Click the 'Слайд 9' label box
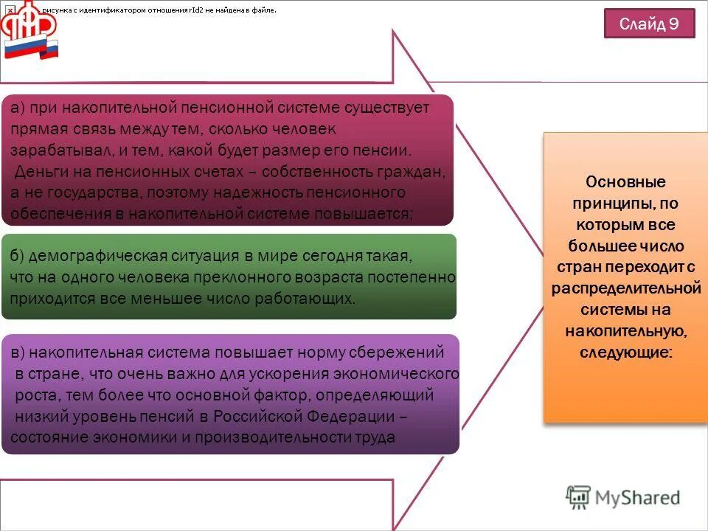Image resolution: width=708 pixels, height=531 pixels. click(x=649, y=24)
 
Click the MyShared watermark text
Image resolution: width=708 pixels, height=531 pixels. click(x=623, y=498)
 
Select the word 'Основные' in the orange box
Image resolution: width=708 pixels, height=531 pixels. click(x=625, y=181)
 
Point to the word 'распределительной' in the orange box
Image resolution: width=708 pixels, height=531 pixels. click(x=625, y=288)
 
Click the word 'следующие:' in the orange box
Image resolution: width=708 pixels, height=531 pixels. click(x=625, y=353)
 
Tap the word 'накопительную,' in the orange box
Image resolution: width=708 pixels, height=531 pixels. click(x=625, y=331)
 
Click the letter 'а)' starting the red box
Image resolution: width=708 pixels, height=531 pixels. click(x=18, y=108)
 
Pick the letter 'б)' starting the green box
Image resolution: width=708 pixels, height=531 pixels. click(x=18, y=256)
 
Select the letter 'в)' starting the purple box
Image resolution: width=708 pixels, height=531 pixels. click(x=18, y=352)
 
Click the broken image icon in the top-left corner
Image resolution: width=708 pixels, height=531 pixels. click(x=10, y=10)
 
